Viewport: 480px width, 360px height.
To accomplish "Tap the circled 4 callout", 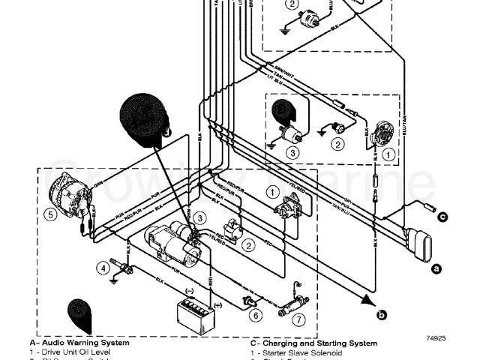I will pos(103,268).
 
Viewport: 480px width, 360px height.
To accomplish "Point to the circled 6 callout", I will pos(256,314).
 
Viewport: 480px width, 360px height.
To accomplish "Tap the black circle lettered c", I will pos(443,217).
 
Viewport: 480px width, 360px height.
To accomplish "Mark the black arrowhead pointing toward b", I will pos(368,301).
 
